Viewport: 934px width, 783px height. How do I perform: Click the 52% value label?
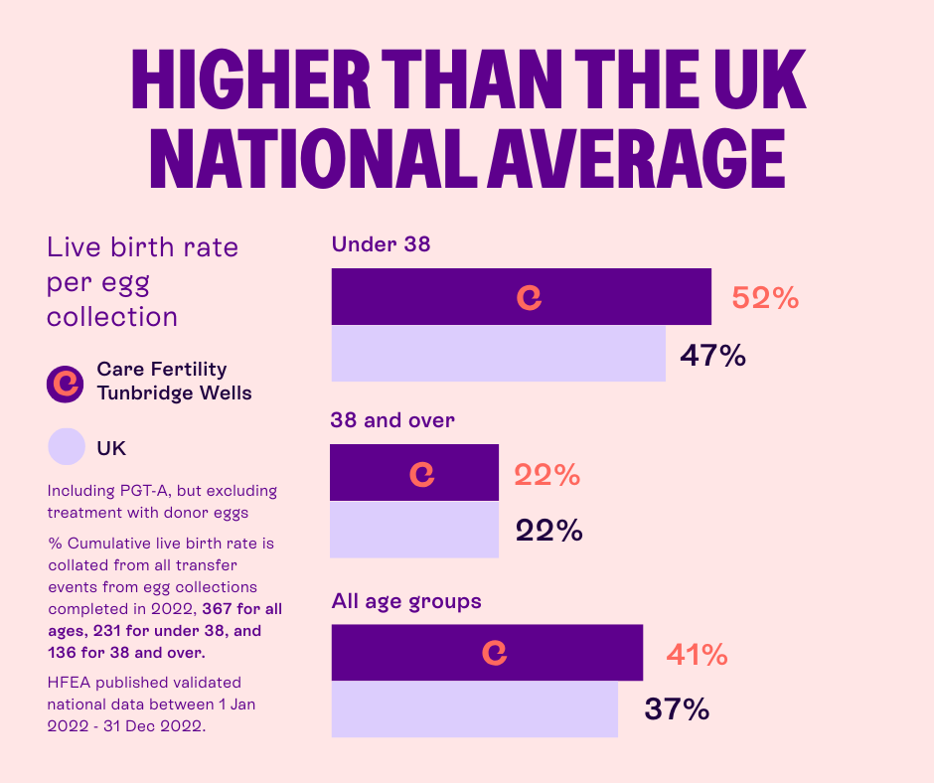click(765, 298)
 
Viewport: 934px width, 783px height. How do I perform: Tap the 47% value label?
click(712, 355)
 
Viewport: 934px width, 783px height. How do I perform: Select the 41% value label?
click(697, 655)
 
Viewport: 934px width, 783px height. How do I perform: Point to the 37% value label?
click(677, 709)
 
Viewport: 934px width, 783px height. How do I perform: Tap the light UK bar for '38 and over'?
click(414, 530)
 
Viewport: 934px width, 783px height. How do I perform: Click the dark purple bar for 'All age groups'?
click(576, 652)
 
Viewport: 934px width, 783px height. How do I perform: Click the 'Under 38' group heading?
click(382, 243)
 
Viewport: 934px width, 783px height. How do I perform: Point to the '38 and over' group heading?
click(392, 420)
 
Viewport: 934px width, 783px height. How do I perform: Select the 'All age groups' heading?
click(406, 601)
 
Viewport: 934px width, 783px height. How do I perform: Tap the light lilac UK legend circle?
click(67, 447)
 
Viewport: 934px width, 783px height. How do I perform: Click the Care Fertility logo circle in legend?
click(67, 382)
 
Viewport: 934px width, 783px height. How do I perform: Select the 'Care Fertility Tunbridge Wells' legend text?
click(174, 382)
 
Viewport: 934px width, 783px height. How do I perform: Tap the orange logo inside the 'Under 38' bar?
click(530, 297)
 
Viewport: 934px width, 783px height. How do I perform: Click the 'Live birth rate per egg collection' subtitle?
click(143, 281)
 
